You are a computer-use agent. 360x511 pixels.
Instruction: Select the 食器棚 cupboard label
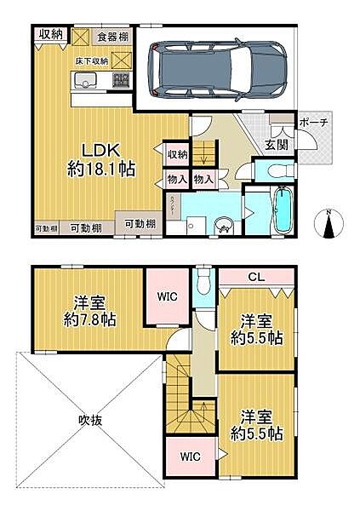click(112, 37)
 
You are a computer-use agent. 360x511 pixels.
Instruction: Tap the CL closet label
click(255, 278)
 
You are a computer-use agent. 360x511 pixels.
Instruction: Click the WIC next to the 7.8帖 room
click(167, 296)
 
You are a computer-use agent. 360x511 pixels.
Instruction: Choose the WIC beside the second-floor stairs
click(190, 456)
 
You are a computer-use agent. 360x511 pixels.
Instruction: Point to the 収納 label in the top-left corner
click(50, 34)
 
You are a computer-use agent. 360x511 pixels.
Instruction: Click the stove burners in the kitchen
click(120, 82)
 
